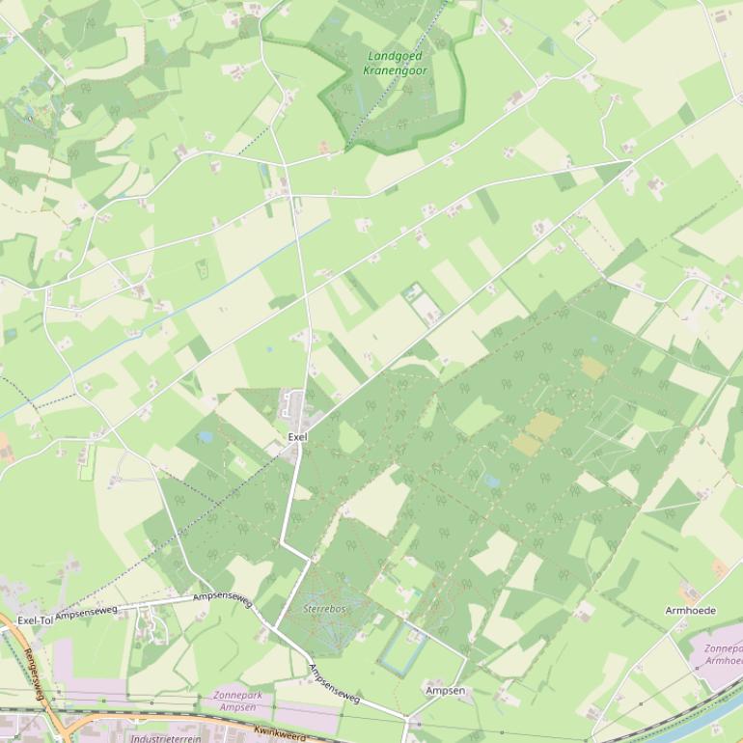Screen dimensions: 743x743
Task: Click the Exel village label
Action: (296, 437)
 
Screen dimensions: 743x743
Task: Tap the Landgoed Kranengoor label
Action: (397, 63)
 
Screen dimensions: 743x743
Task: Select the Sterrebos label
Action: (324, 609)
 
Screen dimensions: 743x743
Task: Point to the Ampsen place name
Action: (445, 691)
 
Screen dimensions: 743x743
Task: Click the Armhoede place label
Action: (691, 611)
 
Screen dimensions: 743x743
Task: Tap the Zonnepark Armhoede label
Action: (723, 655)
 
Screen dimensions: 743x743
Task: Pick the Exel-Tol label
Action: (35, 619)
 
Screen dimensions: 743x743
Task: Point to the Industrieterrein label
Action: (166, 738)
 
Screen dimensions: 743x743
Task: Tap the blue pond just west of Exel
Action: (205, 437)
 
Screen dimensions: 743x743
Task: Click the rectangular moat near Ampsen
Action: (399, 646)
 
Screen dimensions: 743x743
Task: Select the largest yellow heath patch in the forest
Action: (543, 425)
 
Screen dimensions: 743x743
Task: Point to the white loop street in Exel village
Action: (290, 407)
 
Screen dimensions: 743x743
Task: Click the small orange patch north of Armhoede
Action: (718, 569)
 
